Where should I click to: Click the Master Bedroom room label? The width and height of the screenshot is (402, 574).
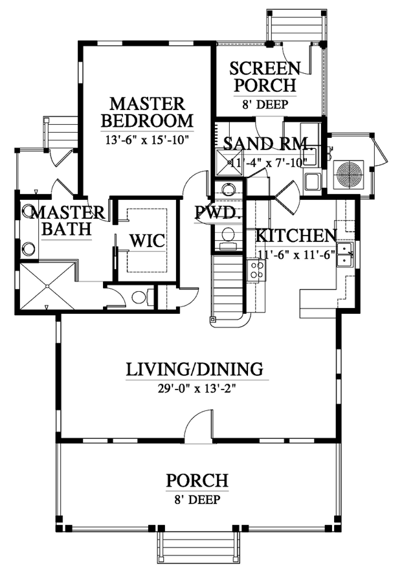[147, 112]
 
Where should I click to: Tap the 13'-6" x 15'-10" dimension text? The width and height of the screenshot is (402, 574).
[147, 140]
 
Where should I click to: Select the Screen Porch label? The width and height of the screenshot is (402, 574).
[265, 77]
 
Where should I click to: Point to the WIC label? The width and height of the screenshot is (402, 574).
[147, 241]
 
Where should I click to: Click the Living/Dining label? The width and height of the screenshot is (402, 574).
[195, 370]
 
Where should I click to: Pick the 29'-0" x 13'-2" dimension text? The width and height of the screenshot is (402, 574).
[196, 388]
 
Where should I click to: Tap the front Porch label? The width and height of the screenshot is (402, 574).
[197, 480]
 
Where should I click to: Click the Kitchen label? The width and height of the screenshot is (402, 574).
[296, 236]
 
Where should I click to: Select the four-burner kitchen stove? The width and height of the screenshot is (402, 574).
[256, 270]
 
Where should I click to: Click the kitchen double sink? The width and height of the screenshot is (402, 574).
[345, 254]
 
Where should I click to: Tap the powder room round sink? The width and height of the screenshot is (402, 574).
[229, 189]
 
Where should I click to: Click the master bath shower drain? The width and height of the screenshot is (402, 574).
[47, 286]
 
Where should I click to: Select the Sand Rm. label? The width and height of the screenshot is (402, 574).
[267, 144]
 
